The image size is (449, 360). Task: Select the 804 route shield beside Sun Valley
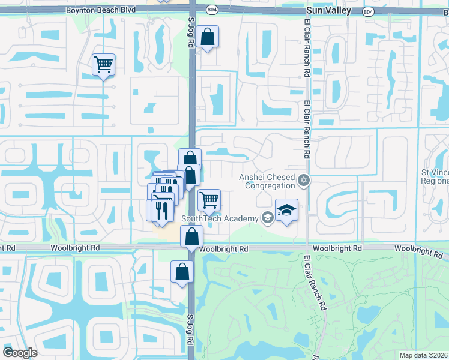point(367,12)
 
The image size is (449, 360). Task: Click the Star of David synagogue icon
point(304,179)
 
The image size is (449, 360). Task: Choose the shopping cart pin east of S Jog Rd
point(209,200)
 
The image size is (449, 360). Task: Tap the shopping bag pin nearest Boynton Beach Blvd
point(207,37)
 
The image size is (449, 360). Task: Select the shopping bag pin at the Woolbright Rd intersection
point(191,238)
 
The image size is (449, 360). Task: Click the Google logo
point(19,353)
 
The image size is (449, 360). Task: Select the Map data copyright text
point(423,355)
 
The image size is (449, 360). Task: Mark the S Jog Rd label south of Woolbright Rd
point(190,329)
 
